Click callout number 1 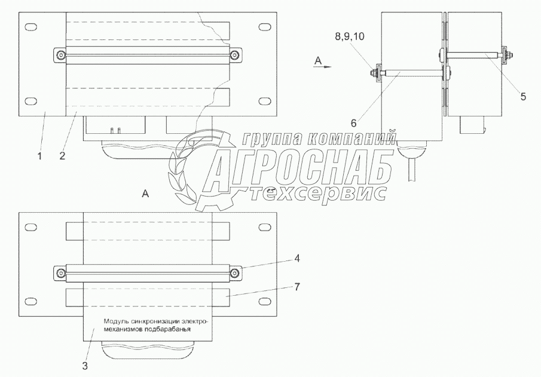(39, 156)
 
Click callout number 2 (62, 156)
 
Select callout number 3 (85, 366)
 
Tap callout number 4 (297, 258)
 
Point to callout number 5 (523, 97)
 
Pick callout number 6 (353, 122)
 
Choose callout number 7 (297, 286)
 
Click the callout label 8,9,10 (349, 36)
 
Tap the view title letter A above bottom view (145, 194)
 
